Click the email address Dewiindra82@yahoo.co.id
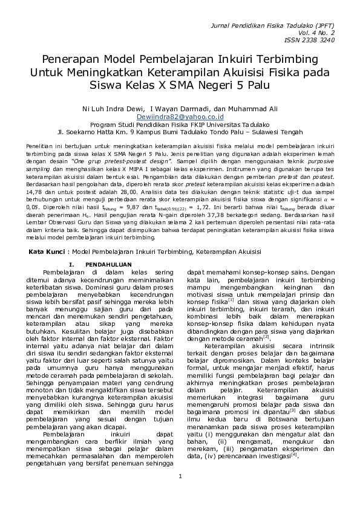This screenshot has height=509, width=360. [x=180, y=117]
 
